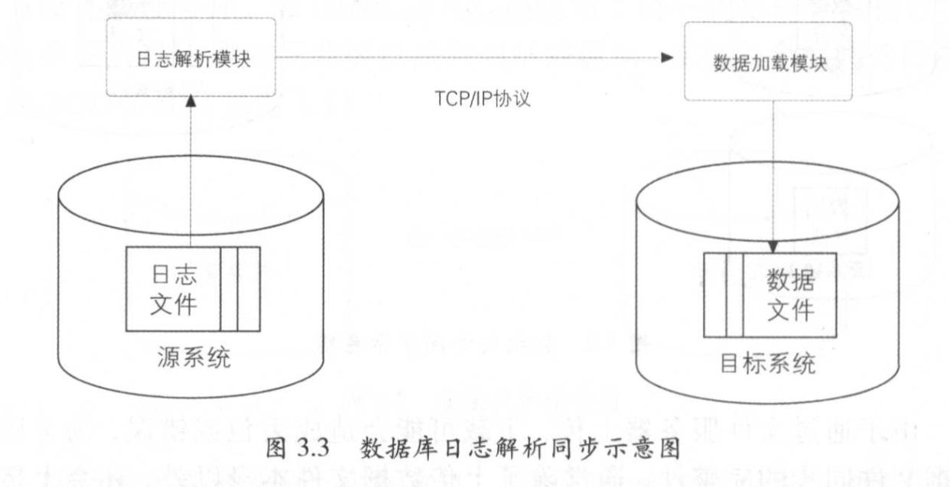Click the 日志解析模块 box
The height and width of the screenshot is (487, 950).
(190, 58)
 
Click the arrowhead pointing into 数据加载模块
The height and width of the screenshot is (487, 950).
(667, 58)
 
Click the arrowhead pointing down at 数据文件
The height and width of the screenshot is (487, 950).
(773, 246)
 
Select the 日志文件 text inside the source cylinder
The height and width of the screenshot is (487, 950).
(173, 288)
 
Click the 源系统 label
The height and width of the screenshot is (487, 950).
(191, 356)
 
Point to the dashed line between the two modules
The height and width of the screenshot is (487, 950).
(467, 58)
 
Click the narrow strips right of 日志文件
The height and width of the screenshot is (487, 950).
(239, 288)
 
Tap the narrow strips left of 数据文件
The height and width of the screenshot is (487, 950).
(724, 295)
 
